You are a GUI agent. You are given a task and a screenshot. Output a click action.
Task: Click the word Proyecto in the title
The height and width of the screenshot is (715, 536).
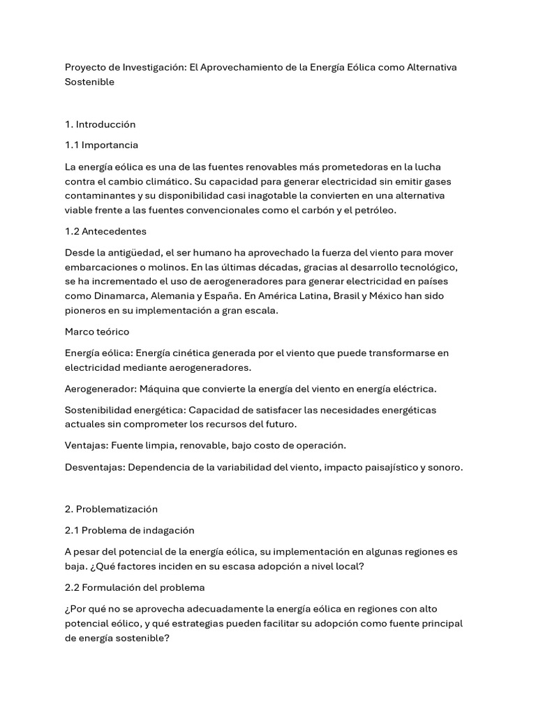pyautogui.click(x=86, y=66)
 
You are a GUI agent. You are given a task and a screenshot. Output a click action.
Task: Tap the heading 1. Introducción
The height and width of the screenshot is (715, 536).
pyautogui.click(x=100, y=124)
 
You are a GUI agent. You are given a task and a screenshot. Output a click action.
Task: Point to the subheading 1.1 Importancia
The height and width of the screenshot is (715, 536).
pyautogui.click(x=101, y=145)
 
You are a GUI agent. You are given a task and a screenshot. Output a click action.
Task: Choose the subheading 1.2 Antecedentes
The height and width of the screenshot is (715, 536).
pyautogui.click(x=105, y=231)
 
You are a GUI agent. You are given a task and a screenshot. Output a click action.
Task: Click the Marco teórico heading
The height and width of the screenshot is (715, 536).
pyautogui.click(x=97, y=332)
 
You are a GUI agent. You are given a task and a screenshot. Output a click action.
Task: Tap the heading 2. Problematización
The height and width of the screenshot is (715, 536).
pyautogui.click(x=111, y=509)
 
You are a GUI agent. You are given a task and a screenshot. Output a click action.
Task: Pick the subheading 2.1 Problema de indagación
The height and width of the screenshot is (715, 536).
pyautogui.click(x=130, y=531)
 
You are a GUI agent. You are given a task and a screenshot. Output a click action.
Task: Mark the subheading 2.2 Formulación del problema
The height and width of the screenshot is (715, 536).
pyautogui.click(x=135, y=588)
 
